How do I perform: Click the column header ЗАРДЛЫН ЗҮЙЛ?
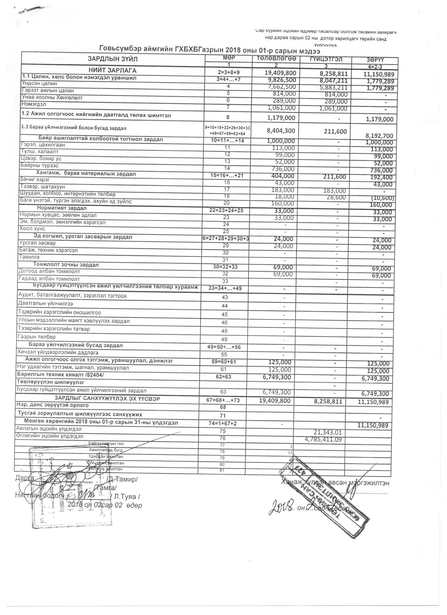pos(113,59)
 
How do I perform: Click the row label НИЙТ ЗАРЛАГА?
pos(113,70)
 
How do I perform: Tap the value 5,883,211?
pos(329,88)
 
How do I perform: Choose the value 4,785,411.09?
pos(323,439)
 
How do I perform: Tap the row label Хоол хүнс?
pos(32,229)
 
